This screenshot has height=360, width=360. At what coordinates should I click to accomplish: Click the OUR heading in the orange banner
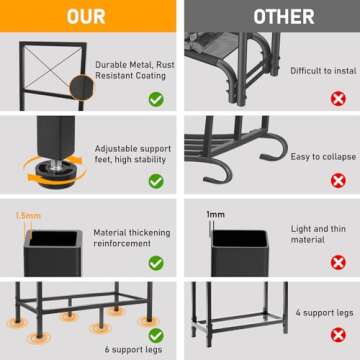(86, 17)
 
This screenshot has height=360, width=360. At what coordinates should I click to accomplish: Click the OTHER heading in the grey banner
(284, 17)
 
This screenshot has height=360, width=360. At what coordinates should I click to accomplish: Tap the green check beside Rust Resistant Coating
(156, 99)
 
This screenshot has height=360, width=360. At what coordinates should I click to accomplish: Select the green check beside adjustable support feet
(156, 181)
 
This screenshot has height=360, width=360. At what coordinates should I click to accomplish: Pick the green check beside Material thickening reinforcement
(156, 263)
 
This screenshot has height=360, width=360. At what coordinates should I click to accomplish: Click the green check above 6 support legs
(156, 335)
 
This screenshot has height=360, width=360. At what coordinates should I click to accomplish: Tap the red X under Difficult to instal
(338, 99)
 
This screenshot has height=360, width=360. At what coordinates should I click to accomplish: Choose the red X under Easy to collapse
(338, 181)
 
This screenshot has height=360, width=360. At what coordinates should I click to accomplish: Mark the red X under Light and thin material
(338, 263)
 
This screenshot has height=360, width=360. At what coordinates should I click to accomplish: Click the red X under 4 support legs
(338, 335)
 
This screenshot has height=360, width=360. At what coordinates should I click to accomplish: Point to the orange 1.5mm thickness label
(28, 216)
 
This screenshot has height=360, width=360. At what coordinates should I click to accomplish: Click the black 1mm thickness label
(215, 215)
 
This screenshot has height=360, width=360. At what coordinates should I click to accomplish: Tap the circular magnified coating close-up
(82, 87)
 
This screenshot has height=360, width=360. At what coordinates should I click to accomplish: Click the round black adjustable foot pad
(55, 173)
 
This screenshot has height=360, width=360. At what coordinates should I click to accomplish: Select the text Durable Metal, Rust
(135, 65)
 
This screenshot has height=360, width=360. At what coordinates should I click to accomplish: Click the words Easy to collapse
(323, 157)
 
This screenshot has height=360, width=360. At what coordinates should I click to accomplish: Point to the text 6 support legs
(133, 349)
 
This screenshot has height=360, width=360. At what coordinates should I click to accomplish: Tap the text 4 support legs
(325, 313)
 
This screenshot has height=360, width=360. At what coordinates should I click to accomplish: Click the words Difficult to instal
(323, 71)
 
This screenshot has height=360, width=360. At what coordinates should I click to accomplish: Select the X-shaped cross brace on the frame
(53, 62)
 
